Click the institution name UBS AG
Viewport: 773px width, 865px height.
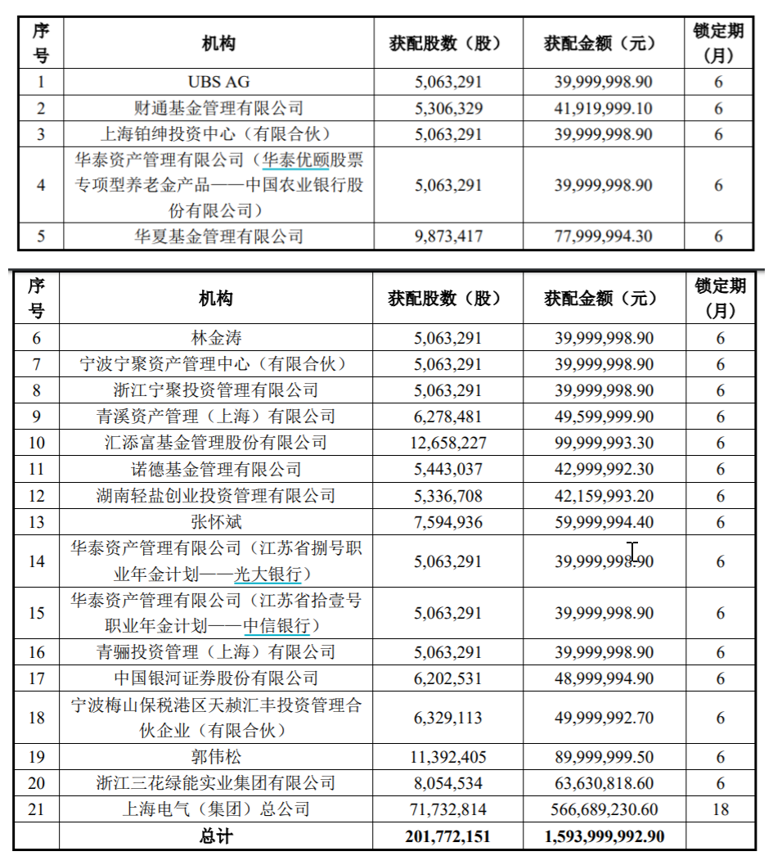tap(218, 82)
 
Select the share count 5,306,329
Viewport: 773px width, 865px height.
tap(448, 108)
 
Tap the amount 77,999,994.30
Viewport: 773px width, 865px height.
tap(604, 237)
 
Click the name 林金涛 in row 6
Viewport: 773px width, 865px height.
tap(216, 338)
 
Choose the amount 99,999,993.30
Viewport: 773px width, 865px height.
tap(604, 443)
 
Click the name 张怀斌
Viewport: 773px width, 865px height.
tap(216, 522)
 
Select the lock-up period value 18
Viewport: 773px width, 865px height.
tap(720, 809)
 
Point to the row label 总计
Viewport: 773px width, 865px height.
tap(216, 836)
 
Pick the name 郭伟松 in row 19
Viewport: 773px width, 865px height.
tap(216, 757)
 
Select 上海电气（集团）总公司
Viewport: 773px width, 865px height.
tap(216, 809)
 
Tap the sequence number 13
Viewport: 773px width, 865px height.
tap(36, 522)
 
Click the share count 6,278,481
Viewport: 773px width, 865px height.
tap(448, 417)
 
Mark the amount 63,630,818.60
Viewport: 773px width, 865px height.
tap(604, 783)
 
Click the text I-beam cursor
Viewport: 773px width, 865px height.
tap(632, 552)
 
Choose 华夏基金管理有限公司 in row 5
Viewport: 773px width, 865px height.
tap(218, 237)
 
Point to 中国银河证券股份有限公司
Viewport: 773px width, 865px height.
tap(216, 678)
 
